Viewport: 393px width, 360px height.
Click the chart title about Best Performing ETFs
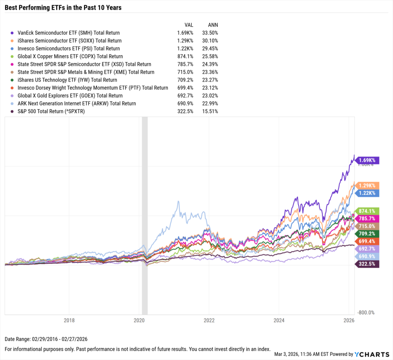pos(63,8)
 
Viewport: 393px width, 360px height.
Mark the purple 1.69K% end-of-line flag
pos(368,160)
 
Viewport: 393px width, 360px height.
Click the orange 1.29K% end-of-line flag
pos(368,185)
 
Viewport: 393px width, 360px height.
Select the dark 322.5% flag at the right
pos(368,264)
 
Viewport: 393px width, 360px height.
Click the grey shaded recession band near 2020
pos(145,215)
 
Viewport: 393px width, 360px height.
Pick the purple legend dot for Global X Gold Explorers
pos(13,96)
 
